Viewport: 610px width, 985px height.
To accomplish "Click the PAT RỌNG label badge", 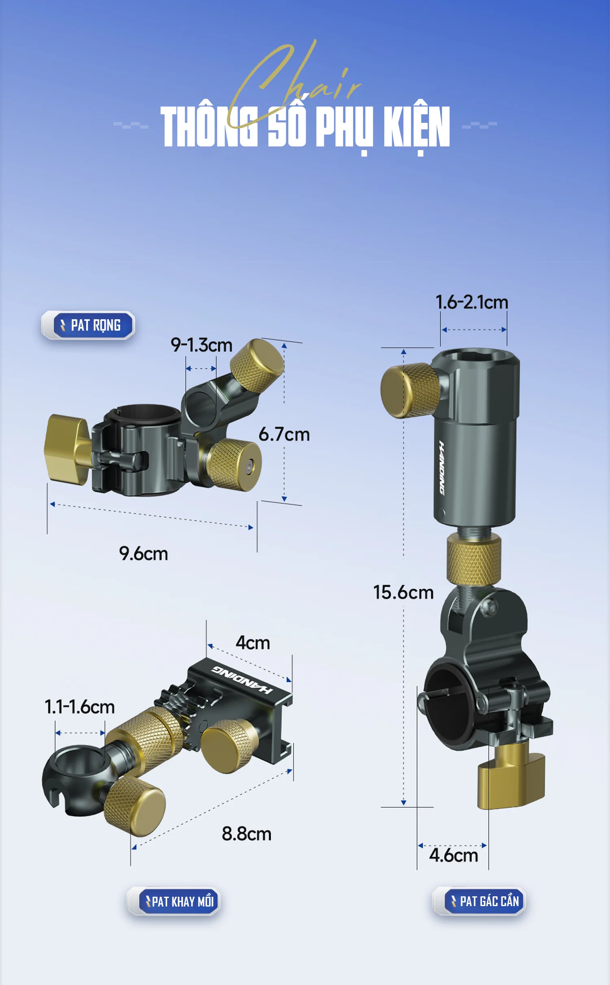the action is point(88,325).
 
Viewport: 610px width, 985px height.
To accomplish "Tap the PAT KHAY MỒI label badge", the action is point(174,901).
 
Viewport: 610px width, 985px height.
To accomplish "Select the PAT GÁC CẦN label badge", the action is point(479,901).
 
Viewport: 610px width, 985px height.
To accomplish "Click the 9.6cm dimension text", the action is point(144,554).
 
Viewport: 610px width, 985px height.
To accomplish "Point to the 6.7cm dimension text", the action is point(284,434).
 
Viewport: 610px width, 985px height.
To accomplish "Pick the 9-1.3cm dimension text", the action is point(201,345).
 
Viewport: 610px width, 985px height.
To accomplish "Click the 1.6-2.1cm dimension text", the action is point(472,302).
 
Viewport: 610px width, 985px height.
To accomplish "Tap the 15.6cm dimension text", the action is point(403,592).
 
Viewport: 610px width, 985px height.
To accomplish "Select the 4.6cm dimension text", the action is point(453,855).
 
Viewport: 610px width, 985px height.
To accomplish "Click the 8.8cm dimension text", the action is point(246,834).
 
